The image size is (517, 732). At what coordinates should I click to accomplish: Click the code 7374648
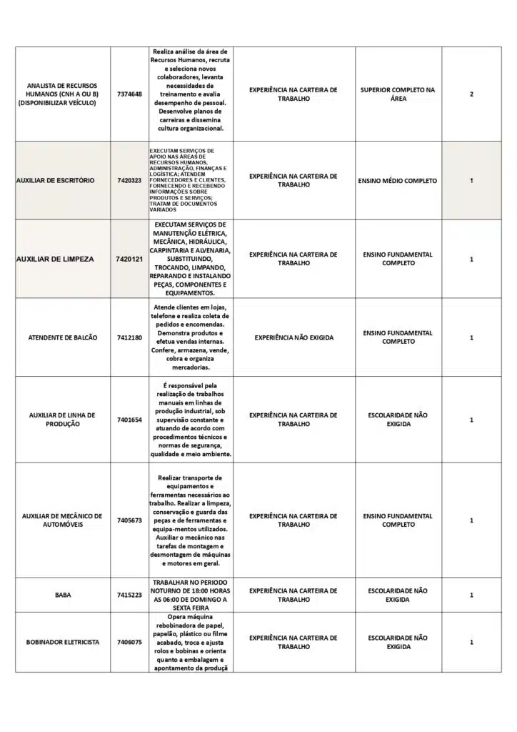coord(129,94)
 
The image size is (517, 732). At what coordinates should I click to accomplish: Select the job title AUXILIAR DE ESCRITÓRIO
coord(55,181)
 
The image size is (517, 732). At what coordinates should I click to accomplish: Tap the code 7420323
coord(129,181)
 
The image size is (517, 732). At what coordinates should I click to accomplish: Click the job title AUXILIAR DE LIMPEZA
coord(54,259)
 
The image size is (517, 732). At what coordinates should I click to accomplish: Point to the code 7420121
coord(129,259)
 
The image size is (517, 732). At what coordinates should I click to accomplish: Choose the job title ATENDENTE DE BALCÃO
coord(62,337)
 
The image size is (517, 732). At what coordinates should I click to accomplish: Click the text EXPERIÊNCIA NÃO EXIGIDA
coord(293,337)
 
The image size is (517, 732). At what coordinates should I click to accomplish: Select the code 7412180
coord(129,337)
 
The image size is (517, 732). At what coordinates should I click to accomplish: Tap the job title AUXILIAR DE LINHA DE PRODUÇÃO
coord(62,420)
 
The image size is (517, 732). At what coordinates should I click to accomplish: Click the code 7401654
coord(129,420)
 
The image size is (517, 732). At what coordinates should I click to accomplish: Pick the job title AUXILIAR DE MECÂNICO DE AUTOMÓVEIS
coord(62,520)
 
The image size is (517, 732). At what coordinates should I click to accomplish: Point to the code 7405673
coord(129,520)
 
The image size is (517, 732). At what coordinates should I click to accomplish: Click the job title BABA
coord(62,595)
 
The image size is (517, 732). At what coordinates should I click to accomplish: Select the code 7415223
coord(129,595)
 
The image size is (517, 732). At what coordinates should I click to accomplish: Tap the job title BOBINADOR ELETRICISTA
coord(62,642)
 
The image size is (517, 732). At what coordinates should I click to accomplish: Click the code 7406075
coord(129,642)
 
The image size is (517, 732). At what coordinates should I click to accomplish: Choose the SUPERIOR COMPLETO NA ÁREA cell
coord(398,94)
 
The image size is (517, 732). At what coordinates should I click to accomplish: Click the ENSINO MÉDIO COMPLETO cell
coord(398,181)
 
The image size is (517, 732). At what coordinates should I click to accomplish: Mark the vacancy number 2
coord(471,94)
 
